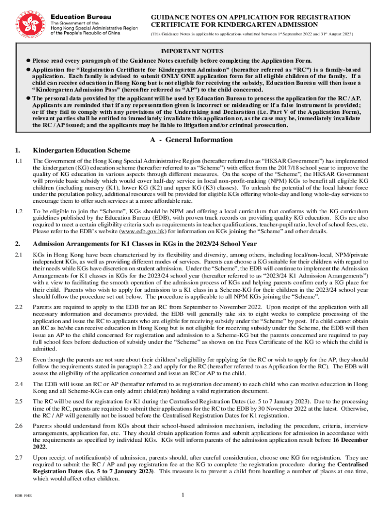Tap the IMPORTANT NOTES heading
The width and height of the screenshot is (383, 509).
(191, 51)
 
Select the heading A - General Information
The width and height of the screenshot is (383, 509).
(191, 140)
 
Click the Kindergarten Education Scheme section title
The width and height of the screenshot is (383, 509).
(82, 150)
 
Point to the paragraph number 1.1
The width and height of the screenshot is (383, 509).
(19, 161)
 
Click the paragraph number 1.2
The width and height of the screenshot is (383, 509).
(19, 212)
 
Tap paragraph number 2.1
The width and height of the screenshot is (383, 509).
(19, 254)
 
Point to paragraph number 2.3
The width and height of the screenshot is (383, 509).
(19, 359)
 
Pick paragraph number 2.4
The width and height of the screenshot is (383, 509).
(19, 385)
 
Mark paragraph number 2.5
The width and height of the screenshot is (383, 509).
(19, 401)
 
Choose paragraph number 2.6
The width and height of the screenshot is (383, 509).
(19, 426)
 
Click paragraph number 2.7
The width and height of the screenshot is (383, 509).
(19, 456)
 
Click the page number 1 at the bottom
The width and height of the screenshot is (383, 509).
(183, 495)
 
